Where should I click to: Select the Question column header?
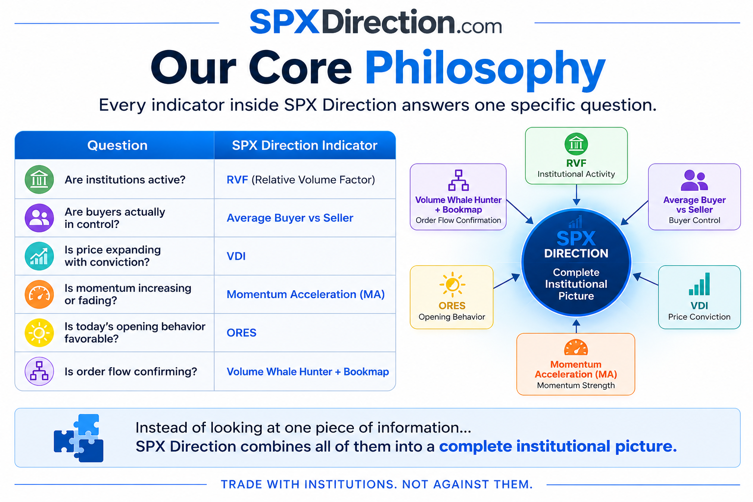(x=117, y=145)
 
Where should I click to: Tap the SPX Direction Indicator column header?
(x=304, y=145)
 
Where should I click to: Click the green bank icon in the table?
(x=39, y=179)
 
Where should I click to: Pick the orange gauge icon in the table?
(x=39, y=294)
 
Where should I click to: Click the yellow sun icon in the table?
(x=39, y=332)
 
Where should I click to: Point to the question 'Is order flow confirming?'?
(x=131, y=371)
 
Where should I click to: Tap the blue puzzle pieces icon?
(x=78, y=438)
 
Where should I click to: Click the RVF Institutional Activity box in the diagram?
(x=576, y=156)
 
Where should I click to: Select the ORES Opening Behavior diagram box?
(x=452, y=297)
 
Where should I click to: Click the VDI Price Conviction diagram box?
(x=699, y=297)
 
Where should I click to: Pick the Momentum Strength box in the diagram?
(x=576, y=364)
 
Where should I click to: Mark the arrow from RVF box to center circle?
(x=576, y=195)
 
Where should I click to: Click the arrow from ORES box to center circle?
(x=506, y=281)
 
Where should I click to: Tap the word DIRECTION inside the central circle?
(x=576, y=253)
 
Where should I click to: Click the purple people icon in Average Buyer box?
(x=694, y=180)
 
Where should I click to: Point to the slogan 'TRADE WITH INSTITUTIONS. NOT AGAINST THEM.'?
(x=377, y=484)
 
